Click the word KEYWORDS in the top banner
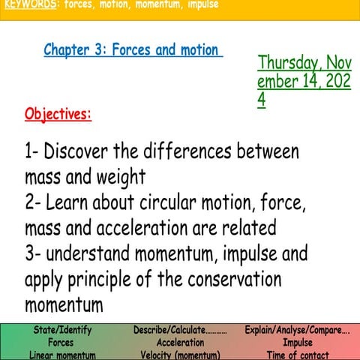click(x=30, y=4)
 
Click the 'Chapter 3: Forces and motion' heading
click(x=132, y=50)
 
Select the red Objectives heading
click(x=58, y=114)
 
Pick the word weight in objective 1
click(x=120, y=178)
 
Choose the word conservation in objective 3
click(x=228, y=280)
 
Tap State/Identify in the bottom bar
click(x=63, y=330)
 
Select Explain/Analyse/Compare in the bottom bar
click(x=297, y=330)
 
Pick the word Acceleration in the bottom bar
click(x=180, y=342)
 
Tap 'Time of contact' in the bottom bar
click(x=298, y=355)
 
